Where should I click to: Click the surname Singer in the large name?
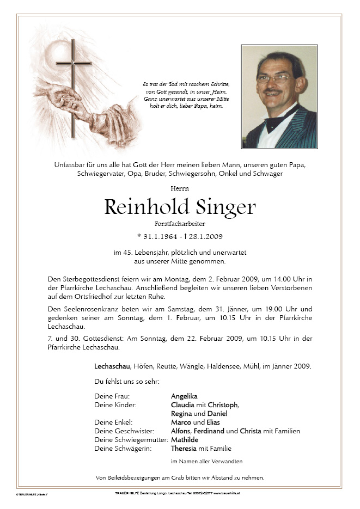click(x=224, y=207)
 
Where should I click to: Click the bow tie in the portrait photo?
click(x=276, y=122)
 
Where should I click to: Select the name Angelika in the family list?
click(x=184, y=396)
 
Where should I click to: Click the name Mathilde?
click(x=186, y=439)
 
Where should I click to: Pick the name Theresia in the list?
click(x=185, y=449)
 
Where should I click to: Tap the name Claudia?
click(x=183, y=404)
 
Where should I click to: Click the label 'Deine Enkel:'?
click(x=113, y=422)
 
